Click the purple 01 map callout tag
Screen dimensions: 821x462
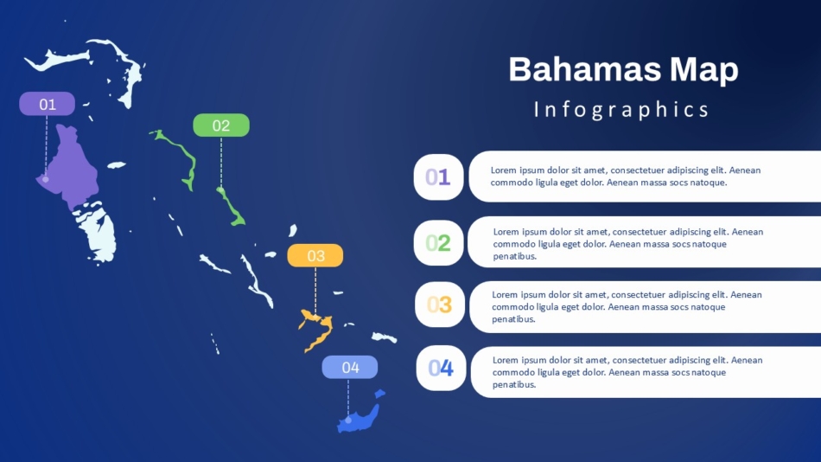tap(48, 104)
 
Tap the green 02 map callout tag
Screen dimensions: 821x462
tap(221, 125)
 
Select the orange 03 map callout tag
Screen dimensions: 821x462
tap(315, 255)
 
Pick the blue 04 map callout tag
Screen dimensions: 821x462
tap(350, 367)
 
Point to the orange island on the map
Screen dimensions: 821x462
tap(317, 330)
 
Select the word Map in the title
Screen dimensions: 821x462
tap(704, 71)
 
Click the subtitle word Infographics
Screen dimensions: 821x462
tap(621, 110)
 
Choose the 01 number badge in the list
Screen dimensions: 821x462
tap(438, 177)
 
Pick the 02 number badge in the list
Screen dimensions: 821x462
tap(438, 243)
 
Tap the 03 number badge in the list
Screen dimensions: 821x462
tap(439, 305)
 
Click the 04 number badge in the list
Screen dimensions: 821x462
tap(441, 369)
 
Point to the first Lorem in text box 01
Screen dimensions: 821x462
tap(504, 170)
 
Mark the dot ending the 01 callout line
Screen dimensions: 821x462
tap(46, 179)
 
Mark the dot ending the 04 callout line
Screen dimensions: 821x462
tap(348, 420)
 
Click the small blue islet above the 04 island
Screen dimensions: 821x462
tap(379, 394)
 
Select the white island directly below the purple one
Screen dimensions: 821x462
tap(97, 231)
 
